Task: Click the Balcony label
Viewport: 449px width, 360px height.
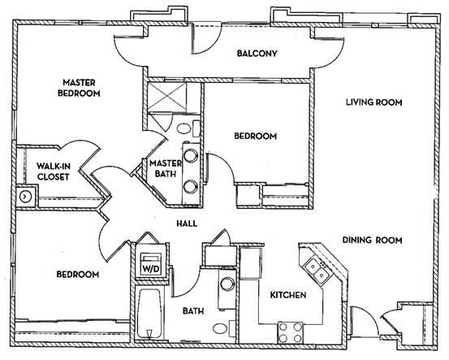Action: (257, 54)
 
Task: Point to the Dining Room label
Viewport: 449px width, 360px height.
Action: (373, 240)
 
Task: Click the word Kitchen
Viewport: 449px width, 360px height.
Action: (287, 295)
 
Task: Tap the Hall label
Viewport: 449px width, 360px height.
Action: (188, 224)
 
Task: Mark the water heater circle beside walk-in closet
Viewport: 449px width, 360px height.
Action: (26, 196)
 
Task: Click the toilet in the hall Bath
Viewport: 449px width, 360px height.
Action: (219, 329)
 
